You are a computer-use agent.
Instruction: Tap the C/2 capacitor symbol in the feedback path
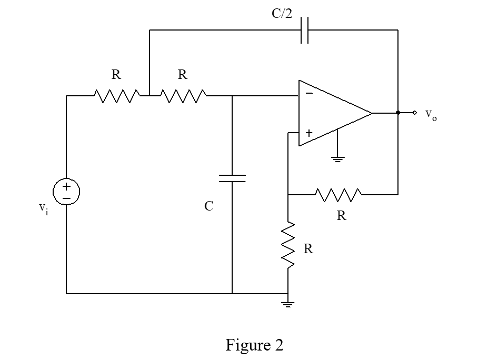point(304,31)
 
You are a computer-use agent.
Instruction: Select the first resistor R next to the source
point(116,96)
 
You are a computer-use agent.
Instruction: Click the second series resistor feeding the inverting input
point(183,96)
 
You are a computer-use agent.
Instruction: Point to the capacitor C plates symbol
point(232,178)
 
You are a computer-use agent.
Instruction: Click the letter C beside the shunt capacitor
point(209,206)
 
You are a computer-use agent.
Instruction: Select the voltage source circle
point(66,192)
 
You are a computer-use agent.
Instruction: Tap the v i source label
point(43,208)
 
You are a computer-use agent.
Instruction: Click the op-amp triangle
point(332,113)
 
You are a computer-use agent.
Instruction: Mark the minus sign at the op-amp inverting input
point(308,93)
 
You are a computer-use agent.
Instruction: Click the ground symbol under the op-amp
point(337,158)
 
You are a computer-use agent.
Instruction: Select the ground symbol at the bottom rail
point(288,304)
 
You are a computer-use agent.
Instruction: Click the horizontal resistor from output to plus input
point(338,195)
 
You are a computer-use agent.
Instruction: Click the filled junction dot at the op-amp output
point(398,113)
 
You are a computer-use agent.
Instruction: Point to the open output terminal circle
point(415,113)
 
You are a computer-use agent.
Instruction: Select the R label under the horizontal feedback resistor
point(342,216)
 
